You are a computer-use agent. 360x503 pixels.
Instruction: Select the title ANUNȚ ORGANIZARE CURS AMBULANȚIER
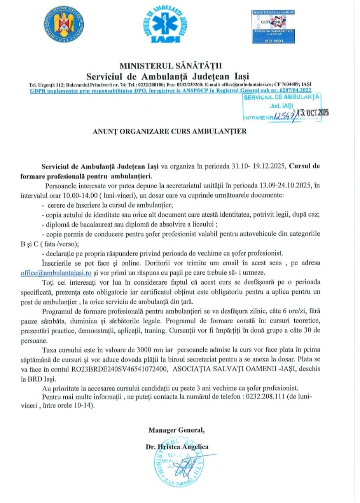tap(170, 131)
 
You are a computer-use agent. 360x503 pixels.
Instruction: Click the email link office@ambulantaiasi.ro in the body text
tap(56, 273)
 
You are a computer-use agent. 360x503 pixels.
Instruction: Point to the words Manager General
tap(176, 430)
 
